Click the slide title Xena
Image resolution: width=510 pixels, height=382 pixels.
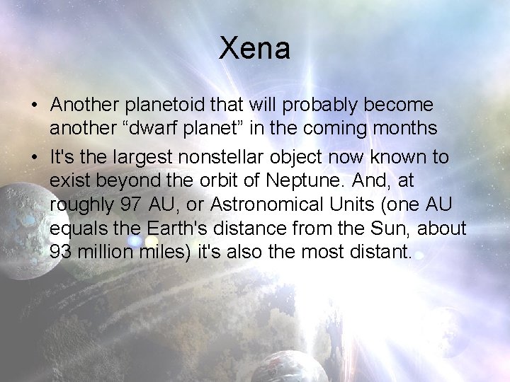point(254,48)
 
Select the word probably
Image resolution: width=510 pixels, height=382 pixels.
point(322,105)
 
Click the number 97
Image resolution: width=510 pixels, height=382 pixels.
point(130,205)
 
